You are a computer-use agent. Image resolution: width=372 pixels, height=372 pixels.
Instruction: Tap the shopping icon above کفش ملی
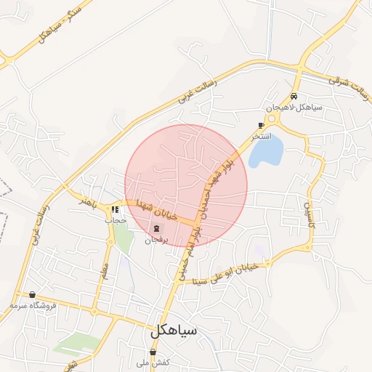pyautogui.click(x=152, y=352)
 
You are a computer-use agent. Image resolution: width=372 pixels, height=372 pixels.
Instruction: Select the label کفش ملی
pyautogui.click(x=156, y=362)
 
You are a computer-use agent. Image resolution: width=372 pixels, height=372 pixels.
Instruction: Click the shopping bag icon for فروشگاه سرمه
pyautogui.click(x=32, y=295)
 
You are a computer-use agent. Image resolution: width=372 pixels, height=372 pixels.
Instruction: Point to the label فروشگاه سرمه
pyautogui.click(x=34, y=306)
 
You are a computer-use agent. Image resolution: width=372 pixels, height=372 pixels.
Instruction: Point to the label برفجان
pyautogui.click(x=156, y=239)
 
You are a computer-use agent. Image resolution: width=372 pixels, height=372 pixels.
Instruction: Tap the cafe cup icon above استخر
pyautogui.click(x=261, y=126)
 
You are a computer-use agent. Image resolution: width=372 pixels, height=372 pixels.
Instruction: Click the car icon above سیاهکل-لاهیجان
pyautogui.click(x=294, y=97)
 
